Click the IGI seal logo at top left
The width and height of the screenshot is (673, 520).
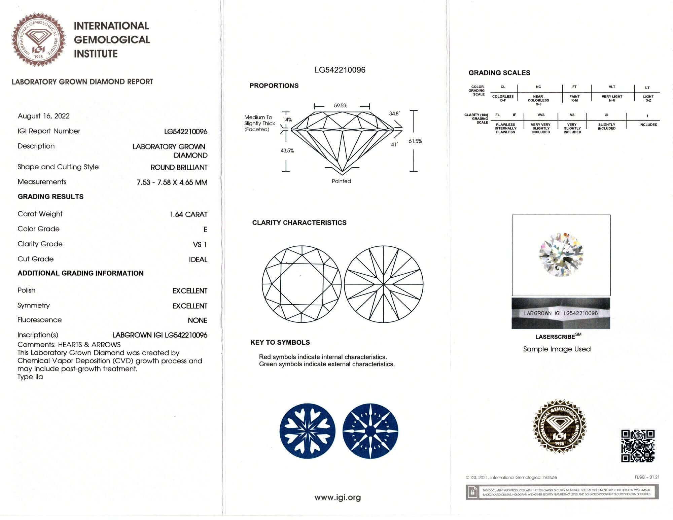tap(39, 39)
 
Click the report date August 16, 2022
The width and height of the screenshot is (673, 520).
tap(44, 116)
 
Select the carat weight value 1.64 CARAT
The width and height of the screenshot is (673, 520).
tap(188, 214)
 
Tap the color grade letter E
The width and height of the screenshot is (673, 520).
tap(205, 230)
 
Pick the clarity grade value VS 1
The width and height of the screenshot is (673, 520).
tap(200, 245)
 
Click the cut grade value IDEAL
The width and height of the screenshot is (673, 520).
tap(198, 259)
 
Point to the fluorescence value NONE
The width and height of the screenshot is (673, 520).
tap(197, 320)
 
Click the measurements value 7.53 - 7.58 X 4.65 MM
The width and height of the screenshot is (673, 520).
tap(172, 182)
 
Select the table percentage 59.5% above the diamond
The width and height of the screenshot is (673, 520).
tap(341, 106)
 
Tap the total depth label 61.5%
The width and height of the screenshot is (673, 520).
tap(415, 141)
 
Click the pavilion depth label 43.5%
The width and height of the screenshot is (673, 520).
tap(287, 150)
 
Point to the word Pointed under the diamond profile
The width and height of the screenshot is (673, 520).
tap(341, 181)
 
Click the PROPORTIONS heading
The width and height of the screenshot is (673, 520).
tap(274, 85)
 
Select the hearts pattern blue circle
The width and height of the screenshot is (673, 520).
tap(307, 431)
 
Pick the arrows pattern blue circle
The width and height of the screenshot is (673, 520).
tap(370, 431)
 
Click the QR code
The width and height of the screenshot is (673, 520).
tap(638, 446)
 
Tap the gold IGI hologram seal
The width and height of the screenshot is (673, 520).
tap(559, 426)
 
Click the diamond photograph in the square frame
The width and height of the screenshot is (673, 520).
tap(561, 255)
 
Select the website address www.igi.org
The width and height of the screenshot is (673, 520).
tap(338, 497)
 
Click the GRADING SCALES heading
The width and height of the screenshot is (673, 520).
tap(499, 73)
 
